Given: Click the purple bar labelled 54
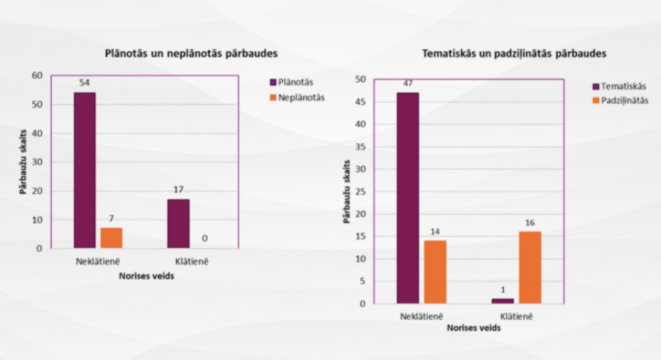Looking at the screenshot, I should click(85, 170).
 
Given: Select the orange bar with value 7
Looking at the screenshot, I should click(111, 238).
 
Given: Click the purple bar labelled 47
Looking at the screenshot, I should click(408, 198).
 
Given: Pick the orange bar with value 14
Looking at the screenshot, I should click(435, 271).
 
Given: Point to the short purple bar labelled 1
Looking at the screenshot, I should click(503, 301).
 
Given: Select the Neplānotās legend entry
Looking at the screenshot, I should click(300, 97).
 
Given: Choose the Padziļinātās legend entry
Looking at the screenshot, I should click(624, 100).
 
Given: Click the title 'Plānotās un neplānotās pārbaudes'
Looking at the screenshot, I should click(190, 53).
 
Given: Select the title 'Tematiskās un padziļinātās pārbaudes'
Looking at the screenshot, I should click(513, 54).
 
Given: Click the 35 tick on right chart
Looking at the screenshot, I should click(361, 146).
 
